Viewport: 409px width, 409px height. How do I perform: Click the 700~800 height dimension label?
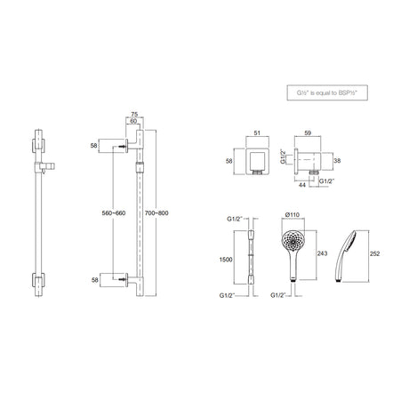[156, 213]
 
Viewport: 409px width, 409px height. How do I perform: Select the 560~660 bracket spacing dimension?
[114, 213]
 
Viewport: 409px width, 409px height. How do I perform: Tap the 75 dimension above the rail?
[134, 115]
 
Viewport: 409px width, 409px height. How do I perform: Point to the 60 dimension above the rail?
[133, 121]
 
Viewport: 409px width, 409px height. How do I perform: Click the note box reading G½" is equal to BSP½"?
[327, 92]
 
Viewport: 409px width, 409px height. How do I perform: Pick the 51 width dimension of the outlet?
[257, 133]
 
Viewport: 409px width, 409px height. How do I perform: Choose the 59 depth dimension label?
[308, 133]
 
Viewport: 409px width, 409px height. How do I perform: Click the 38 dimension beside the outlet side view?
[337, 161]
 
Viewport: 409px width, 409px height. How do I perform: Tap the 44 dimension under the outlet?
[301, 186]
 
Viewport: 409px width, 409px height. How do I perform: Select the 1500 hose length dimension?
[226, 260]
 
